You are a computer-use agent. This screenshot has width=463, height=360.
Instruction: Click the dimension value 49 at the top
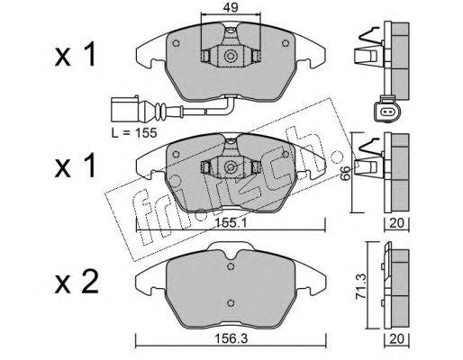coord(231,7)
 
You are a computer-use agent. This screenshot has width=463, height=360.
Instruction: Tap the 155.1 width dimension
coord(231,222)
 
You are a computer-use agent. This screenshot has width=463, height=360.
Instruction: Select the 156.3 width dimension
coord(231,338)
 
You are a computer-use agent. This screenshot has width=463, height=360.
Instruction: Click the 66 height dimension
coord(346,173)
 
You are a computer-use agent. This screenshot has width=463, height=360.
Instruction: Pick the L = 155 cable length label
coord(134,132)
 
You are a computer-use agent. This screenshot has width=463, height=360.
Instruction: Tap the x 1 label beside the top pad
coord(75,54)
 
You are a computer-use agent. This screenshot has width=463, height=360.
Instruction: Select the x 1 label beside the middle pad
coord(75,165)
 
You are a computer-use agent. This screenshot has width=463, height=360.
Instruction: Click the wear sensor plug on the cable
coord(124,109)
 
